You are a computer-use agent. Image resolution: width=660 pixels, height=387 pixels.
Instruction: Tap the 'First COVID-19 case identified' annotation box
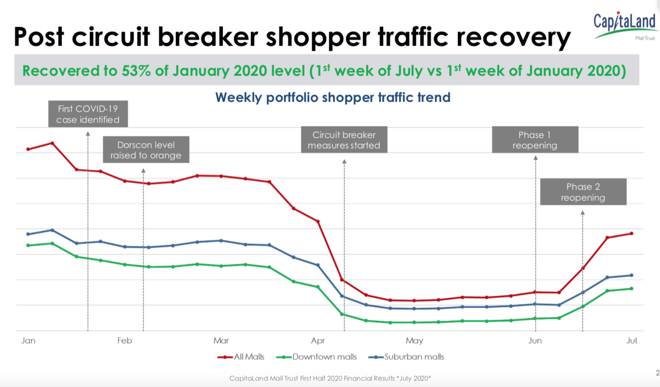point(88,114)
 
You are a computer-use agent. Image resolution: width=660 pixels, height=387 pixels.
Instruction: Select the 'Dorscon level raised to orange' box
point(146,150)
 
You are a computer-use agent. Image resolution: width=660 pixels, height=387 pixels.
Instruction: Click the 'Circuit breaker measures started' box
point(344,140)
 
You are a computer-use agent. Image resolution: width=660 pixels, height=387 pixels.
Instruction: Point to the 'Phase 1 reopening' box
point(535,140)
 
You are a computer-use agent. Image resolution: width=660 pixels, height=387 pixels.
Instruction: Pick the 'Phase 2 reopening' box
point(584,191)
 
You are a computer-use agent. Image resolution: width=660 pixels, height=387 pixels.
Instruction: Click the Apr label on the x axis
point(318,341)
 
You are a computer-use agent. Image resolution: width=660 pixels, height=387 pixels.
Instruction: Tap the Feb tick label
point(124,341)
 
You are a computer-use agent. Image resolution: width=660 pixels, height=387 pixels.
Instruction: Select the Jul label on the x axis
point(632,341)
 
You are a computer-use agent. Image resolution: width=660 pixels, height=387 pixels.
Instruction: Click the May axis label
point(415,341)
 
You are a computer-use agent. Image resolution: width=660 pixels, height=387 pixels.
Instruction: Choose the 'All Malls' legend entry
point(241,357)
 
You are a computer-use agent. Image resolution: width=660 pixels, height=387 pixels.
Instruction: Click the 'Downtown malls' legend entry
point(316,357)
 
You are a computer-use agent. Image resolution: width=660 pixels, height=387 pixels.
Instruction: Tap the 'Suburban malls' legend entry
point(406,357)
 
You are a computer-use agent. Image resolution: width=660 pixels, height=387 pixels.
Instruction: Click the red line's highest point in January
point(52,143)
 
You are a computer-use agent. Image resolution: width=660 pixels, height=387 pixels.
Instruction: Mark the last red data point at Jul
point(632,234)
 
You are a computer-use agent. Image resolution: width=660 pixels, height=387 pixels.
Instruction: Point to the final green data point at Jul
point(632,289)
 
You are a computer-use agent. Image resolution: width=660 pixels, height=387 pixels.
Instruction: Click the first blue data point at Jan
point(28,234)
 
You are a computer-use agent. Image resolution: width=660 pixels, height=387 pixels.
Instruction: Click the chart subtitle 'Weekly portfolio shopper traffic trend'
point(333,97)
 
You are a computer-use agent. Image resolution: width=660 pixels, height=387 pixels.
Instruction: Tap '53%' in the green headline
point(136,71)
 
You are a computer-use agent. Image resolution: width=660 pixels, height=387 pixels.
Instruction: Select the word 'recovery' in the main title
point(514,38)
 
